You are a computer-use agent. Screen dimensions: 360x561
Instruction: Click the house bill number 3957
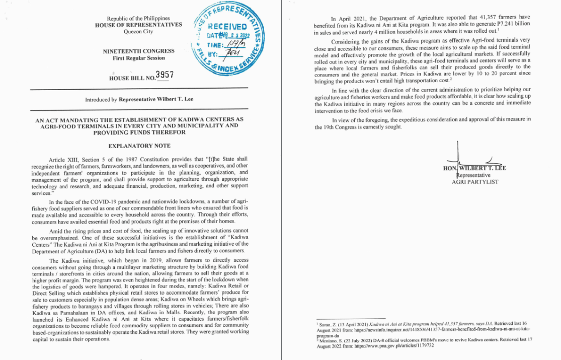click(x=165, y=76)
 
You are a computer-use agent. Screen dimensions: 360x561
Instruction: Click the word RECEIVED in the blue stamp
click(x=226, y=27)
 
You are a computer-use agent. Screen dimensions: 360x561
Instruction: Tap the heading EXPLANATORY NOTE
click(x=139, y=146)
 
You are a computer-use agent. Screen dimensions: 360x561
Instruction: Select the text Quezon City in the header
click(x=138, y=32)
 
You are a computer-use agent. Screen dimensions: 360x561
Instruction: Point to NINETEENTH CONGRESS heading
click(x=139, y=51)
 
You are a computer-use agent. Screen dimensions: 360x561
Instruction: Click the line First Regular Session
click(x=139, y=58)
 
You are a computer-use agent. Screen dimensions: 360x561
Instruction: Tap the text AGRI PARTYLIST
click(x=475, y=182)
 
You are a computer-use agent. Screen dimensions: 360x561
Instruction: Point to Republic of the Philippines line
click(x=138, y=19)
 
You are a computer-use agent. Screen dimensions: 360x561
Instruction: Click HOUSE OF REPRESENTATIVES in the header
click(x=138, y=25)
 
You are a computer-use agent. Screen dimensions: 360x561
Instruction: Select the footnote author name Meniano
click(x=328, y=340)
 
